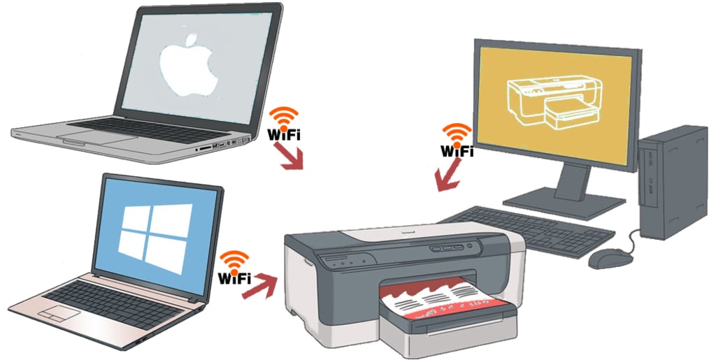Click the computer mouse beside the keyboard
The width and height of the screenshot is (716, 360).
point(606,259)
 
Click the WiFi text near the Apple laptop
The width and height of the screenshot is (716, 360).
point(284,135)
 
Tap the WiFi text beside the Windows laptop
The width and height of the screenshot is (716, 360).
point(235,278)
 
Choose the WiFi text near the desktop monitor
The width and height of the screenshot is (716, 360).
point(457,150)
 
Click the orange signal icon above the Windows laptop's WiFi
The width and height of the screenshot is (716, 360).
point(235,259)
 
